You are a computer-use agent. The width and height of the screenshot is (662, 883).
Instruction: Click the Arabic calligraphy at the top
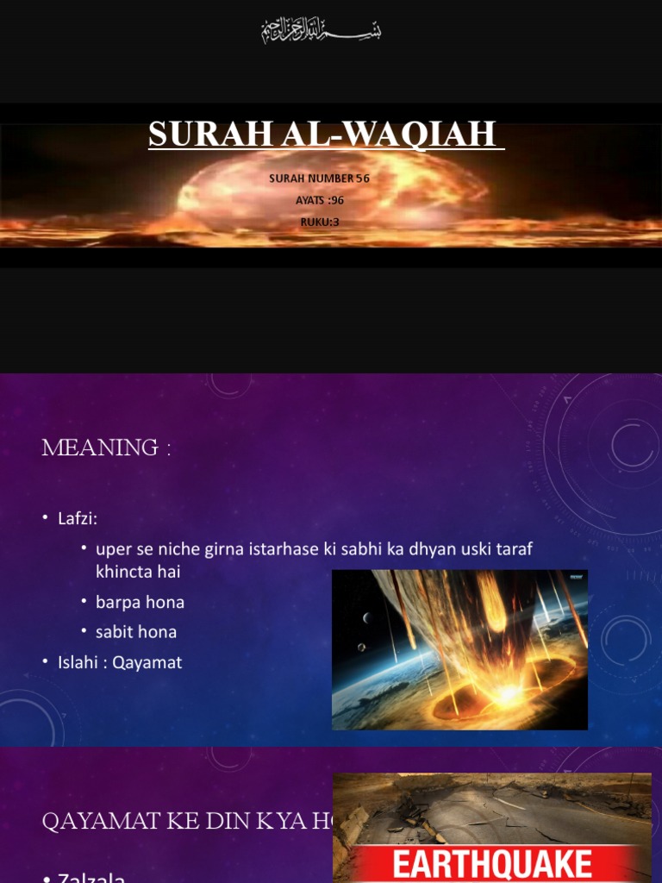[x=322, y=32]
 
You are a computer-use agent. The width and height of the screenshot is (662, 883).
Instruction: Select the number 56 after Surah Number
[x=362, y=178]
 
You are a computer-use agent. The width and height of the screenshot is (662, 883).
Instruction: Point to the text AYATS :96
[x=319, y=200]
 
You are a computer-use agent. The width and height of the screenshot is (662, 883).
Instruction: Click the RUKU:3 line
[x=319, y=222]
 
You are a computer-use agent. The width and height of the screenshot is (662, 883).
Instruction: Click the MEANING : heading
[x=106, y=448]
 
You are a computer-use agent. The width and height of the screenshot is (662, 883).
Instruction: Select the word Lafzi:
[x=76, y=519]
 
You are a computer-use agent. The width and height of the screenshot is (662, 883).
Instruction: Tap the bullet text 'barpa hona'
[x=140, y=602]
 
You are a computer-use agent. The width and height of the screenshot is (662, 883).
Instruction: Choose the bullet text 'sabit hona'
[x=136, y=632]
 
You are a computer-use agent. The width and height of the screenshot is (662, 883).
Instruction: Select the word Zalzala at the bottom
[x=91, y=878]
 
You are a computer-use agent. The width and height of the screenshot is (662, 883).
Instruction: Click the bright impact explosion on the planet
[x=507, y=692]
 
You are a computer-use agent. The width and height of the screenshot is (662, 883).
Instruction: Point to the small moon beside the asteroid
[x=367, y=617]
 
